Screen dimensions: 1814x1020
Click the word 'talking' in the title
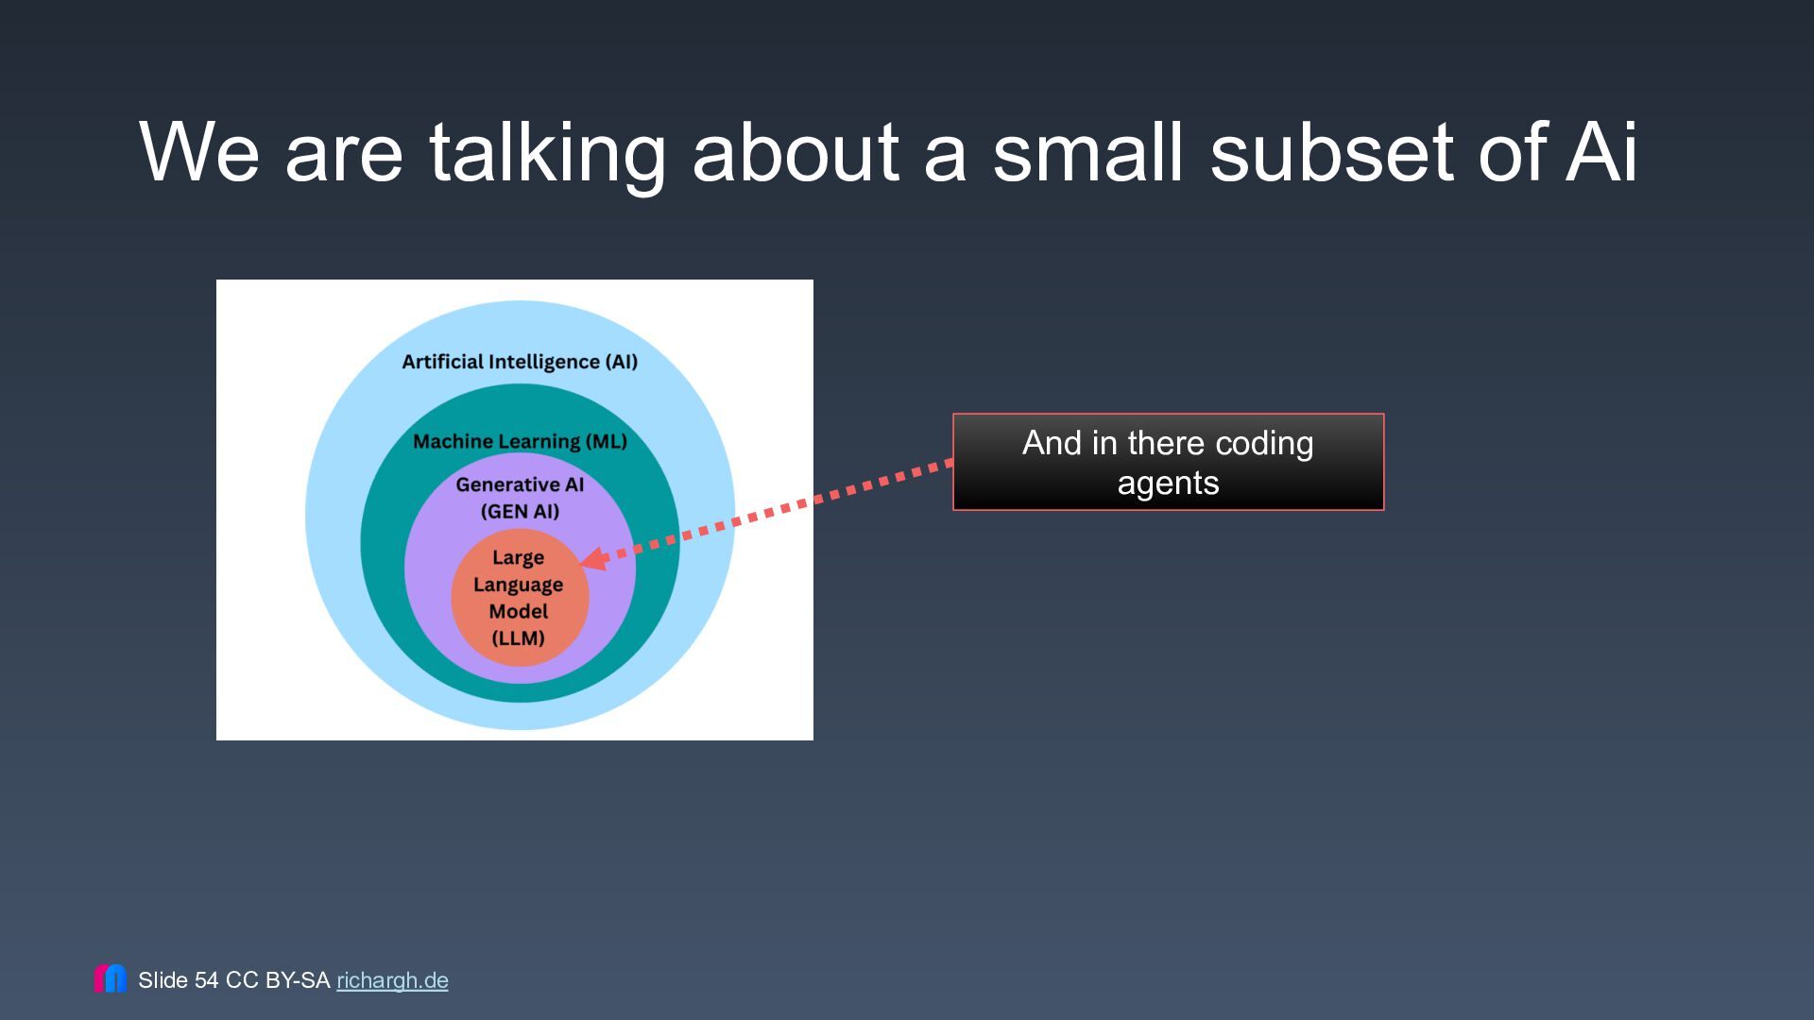coord(548,153)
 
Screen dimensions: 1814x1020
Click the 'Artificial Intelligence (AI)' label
coord(520,362)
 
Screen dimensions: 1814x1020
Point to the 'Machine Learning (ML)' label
coord(520,441)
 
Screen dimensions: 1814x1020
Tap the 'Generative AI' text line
coord(520,484)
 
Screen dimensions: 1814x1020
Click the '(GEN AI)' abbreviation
coord(520,511)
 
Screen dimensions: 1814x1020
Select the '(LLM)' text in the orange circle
coord(519,637)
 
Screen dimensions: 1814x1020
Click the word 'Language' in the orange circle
coord(519,585)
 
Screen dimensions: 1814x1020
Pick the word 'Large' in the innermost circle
coord(519,558)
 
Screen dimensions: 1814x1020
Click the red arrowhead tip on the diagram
coord(580,563)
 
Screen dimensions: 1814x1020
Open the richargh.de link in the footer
coord(392,980)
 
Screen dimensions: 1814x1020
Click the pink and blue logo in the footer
coord(110,978)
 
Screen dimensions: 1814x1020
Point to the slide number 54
coord(206,980)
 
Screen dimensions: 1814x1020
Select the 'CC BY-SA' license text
coord(278,980)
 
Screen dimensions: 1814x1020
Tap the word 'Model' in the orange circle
coord(519,611)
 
